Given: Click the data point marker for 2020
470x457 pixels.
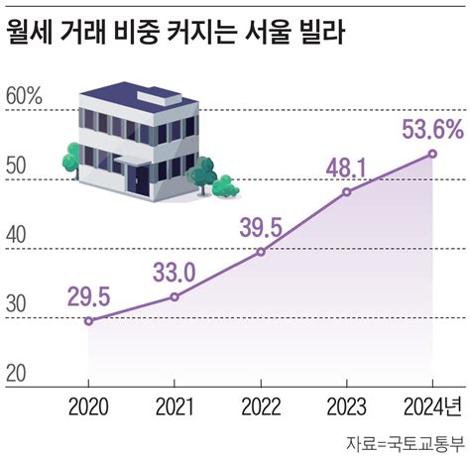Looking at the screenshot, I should pos(88,320).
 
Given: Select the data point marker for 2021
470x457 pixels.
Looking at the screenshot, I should pos(175,296).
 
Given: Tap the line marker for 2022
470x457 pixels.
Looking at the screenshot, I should pos(261,252).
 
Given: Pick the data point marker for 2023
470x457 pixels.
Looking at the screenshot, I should pos(346,192).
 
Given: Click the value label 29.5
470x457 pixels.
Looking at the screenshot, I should pos(88,295).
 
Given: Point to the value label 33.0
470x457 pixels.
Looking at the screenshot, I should pos(174,272).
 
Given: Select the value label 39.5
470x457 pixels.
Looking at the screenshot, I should pos(261,227).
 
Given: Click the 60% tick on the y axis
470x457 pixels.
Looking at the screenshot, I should pos(24,97).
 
